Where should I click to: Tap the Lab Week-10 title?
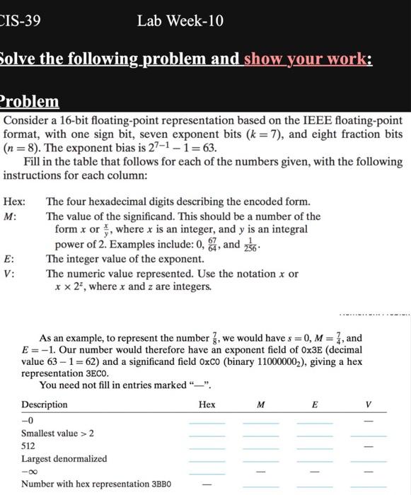(x=180, y=21)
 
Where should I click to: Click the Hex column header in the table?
(x=207, y=404)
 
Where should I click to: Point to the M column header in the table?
(x=260, y=404)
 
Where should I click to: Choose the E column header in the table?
(x=314, y=404)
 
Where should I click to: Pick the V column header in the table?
(x=368, y=404)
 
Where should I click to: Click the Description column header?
(x=45, y=404)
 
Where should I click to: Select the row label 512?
(x=29, y=446)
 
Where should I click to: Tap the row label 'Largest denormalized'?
(x=64, y=459)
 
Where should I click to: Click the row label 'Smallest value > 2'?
(x=57, y=433)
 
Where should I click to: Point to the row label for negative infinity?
(x=30, y=472)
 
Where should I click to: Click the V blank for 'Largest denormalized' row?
(x=368, y=462)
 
